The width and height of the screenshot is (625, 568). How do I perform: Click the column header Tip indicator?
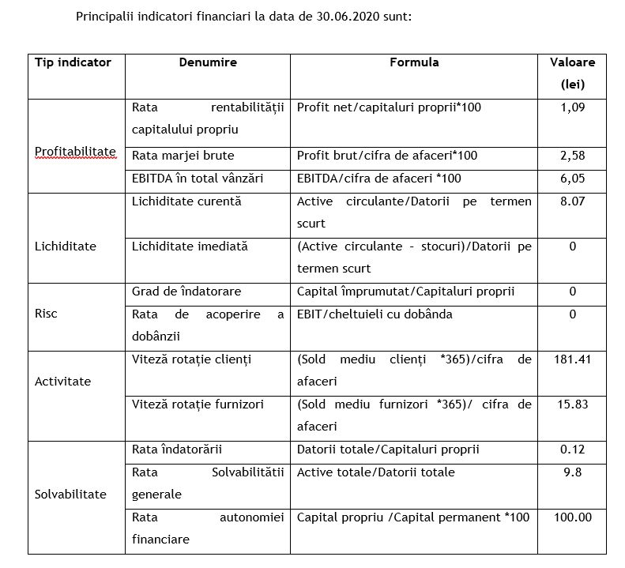click(x=73, y=62)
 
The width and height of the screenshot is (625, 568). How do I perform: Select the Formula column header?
click(x=414, y=62)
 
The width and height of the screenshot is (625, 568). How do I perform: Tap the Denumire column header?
click(x=208, y=62)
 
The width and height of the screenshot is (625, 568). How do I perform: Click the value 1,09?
click(x=572, y=107)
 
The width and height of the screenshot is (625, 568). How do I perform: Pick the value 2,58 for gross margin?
click(x=572, y=156)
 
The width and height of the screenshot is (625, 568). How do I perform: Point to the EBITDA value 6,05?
click(x=572, y=179)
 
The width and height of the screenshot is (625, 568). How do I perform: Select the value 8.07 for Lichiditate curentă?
click(x=572, y=201)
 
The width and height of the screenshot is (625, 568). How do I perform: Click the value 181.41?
click(x=572, y=359)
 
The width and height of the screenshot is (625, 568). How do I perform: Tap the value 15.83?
click(x=572, y=404)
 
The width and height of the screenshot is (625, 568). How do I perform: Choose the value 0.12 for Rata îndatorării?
click(x=572, y=450)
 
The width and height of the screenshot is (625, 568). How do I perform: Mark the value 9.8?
click(x=572, y=472)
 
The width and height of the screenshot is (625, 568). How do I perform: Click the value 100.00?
click(x=572, y=517)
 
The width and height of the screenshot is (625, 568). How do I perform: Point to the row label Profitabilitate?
click(x=75, y=151)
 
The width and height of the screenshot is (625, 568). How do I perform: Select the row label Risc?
click(x=46, y=314)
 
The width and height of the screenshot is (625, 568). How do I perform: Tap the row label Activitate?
click(x=62, y=382)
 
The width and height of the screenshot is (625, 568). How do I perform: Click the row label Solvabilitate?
click(x=70, y=495)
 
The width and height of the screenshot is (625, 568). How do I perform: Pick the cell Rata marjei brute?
click(x=183, y=156)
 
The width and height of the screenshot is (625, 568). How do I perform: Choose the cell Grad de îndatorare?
click(x=186, y=292)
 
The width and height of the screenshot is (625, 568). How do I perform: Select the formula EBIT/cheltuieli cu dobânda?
click(x=375, y=314)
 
